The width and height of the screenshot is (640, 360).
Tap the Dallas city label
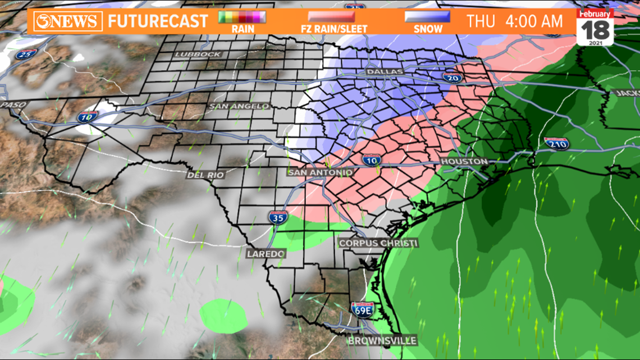pyautogui.click(x=385, y=72)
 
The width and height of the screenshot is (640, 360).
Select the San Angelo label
pyautogui.click(x=239, y=106)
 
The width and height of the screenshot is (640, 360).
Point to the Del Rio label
pyautogui.click(x=205, y=175)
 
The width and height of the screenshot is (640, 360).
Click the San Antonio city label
pyautogui.click(x=320, y=172)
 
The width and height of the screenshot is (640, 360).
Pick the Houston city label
pyautogui.click(x=464, y=161)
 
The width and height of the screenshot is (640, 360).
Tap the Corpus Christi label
pyautogui.click(x=378, y=243)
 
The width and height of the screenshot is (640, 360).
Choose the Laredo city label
pyautogui.click(x=266, y=254)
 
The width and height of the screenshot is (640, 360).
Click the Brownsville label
pyautogui.click(x=382, y=340)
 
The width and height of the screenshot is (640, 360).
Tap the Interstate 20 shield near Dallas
pyautogui.click(x=452, y=77)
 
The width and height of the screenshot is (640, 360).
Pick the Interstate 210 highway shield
pyautogui.click(x=556, y=143)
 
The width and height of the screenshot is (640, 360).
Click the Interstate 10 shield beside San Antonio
pyautogui.click(x=371, y=160)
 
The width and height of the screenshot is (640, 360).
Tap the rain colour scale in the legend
pyautogui.click(x=242, y=17)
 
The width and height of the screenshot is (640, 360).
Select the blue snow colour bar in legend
pyautogui.click(x=427, y=17)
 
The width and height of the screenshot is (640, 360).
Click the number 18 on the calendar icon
pyautogui.click(x=595, y=29)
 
